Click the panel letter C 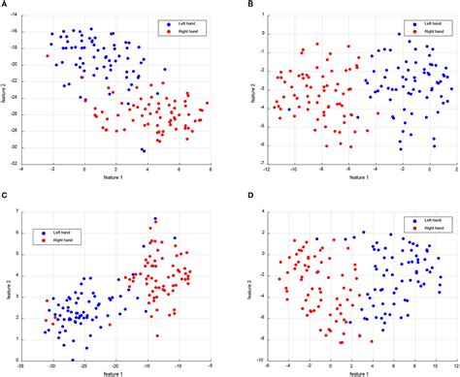point(5,198)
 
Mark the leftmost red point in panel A point(47,56)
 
